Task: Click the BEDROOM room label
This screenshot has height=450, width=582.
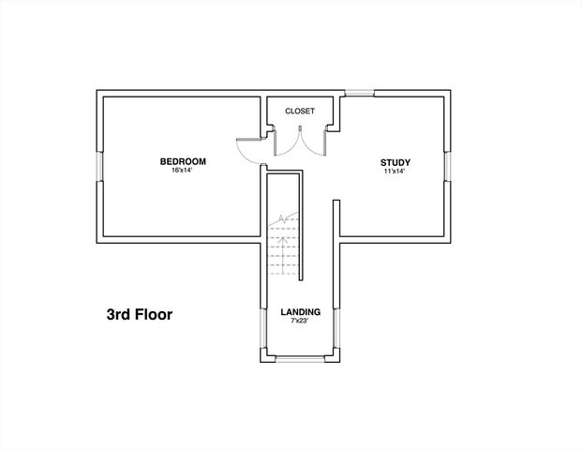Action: [x=182, y=161]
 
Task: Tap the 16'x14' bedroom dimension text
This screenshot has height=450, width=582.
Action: [x=182, y=171]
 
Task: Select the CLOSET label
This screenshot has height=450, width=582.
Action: [x=300, y=111]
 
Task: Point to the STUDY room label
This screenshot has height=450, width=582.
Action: [x=395, y=162]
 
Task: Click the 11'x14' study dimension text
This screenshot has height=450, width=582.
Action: [x=395, y=172]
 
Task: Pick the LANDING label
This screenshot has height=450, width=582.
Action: [x=301, y=311]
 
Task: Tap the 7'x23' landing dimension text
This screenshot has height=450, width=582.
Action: [x=300, y=322]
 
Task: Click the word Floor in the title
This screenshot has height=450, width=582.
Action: [x=151, y=314]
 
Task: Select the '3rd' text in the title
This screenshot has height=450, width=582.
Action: [x=118, y=314]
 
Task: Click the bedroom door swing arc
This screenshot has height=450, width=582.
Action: [x=246, y=148]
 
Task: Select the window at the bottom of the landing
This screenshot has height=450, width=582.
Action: [x=299, y=359]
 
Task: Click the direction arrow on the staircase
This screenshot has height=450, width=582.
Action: [x=280, y=221]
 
